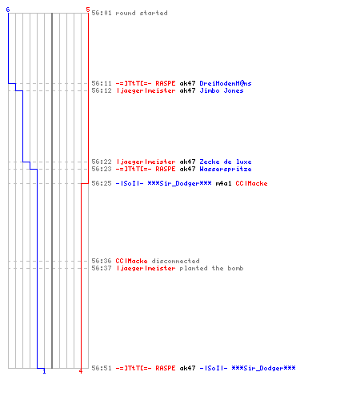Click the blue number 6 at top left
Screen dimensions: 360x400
point(8,10)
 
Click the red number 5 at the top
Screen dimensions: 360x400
point(88,10)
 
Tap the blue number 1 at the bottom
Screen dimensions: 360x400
point(44,371)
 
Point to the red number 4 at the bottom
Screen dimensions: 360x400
point(81,371)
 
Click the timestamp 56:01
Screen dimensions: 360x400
point(102,13)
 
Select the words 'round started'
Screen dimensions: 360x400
point(142,13)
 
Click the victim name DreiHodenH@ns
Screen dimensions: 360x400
point(226,83)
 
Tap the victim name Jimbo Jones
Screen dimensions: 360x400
point(222,90)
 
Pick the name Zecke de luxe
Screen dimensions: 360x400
point(226,162)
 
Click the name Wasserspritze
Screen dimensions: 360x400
point(226,169)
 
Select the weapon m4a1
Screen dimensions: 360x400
point(223,183)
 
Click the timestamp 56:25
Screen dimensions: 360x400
point(102,183)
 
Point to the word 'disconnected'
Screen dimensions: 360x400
point(175,261)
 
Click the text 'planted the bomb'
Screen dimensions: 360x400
point(211,268)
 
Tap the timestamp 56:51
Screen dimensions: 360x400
point(102,368)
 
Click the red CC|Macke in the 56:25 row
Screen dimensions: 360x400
point(251,183)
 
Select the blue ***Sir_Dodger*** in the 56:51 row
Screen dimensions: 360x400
point(263,368)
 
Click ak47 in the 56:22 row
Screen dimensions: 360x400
point(187,162)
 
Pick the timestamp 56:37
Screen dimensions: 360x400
point(102,268)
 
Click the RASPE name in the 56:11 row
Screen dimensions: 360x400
point(166,83)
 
